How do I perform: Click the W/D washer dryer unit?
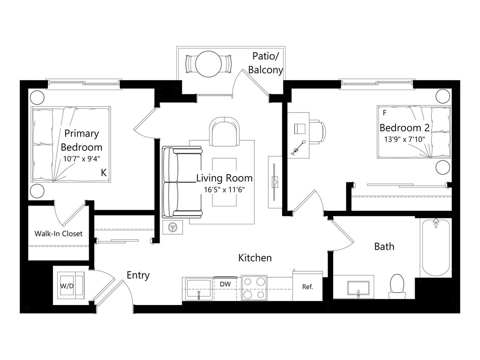point(69,285)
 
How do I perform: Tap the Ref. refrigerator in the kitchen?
point(308,287)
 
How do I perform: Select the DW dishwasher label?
point(225,284)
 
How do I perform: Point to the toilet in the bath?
point(397,285)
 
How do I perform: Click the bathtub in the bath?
point(436,248)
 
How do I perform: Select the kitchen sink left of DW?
point(198,288)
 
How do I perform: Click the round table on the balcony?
point(209,64)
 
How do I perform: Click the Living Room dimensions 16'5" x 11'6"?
point(224,189)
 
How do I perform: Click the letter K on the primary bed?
point(103,172)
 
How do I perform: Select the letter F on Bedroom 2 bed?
point(384,113)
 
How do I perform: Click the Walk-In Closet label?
point(58,233)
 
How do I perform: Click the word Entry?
point(138,275)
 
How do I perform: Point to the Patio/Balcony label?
point(266,63)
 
